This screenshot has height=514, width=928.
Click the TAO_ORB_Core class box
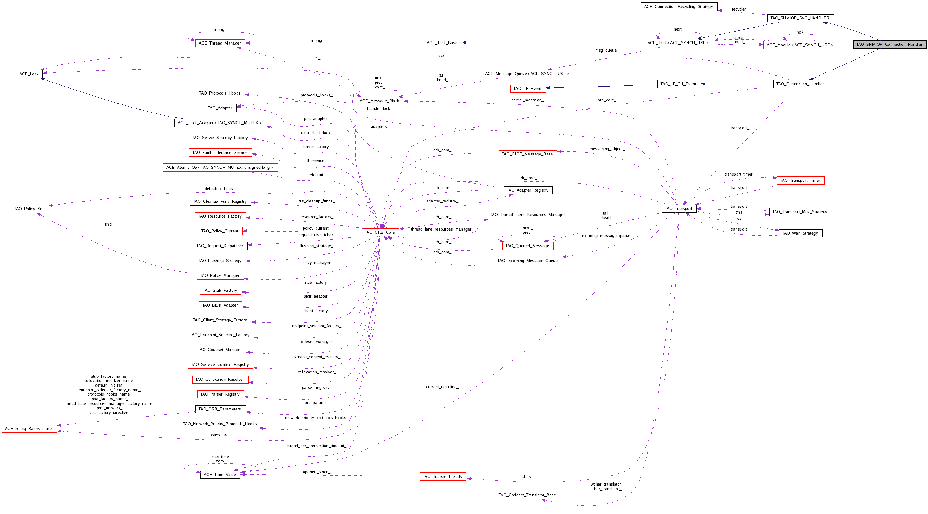380,232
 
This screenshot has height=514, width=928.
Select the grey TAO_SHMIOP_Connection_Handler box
889,44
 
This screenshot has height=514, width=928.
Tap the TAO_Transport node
678,208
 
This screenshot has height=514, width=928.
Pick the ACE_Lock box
29,74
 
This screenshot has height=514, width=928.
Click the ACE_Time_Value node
220,474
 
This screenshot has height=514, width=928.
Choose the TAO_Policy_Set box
29,209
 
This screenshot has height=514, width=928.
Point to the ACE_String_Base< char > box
29,429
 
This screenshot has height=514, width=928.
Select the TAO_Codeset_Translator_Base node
527,495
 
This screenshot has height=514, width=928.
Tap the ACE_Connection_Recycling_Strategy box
678,6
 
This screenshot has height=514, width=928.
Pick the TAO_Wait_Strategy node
800,233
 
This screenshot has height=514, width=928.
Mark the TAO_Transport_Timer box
800,180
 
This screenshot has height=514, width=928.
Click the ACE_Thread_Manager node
220,43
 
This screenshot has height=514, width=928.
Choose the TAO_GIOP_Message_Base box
527,154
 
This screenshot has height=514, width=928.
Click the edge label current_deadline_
442,387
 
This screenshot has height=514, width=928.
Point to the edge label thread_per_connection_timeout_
316,446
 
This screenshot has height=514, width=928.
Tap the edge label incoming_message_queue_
607,236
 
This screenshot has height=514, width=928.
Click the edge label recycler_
740,9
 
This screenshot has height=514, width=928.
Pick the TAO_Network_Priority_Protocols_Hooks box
220,424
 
